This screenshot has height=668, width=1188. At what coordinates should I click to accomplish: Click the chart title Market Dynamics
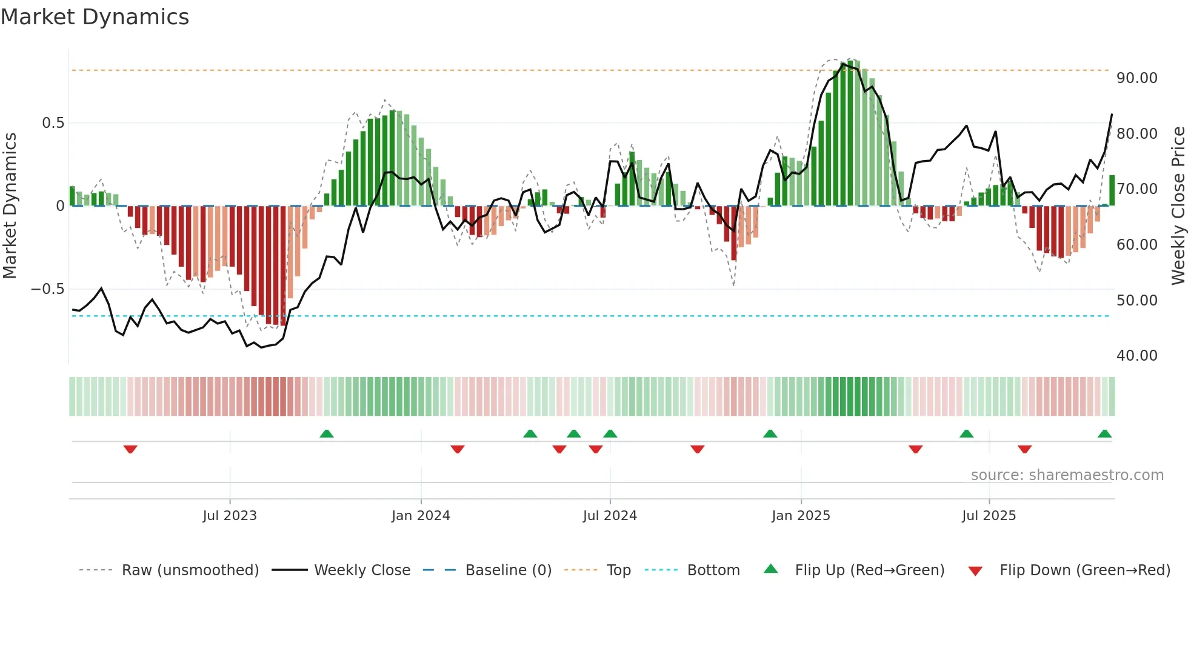point(95,17)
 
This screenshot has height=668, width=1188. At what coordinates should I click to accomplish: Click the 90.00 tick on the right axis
point(1136,78)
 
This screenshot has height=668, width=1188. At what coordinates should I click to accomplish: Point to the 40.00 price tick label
point(1136,356)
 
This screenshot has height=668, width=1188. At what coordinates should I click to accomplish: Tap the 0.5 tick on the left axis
point(53,123)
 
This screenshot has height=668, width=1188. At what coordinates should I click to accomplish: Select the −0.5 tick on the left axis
point(48,289)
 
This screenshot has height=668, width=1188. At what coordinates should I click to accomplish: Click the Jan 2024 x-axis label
point(421,516)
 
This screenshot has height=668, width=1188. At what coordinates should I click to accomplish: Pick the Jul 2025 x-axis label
point(989,516)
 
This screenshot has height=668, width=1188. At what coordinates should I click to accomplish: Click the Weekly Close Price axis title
point(1178,206)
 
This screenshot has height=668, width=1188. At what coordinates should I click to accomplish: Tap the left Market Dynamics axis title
point(10,206)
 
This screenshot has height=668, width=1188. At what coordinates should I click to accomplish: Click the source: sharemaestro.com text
point(1067,475)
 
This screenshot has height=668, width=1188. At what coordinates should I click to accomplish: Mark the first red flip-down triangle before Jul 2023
point(130,449)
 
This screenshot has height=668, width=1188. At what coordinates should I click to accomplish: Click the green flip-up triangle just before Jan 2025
point(770,433)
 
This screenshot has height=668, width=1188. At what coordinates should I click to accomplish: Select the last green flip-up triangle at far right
point(1104,433)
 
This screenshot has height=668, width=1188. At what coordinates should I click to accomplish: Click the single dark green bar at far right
point(1112,190)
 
